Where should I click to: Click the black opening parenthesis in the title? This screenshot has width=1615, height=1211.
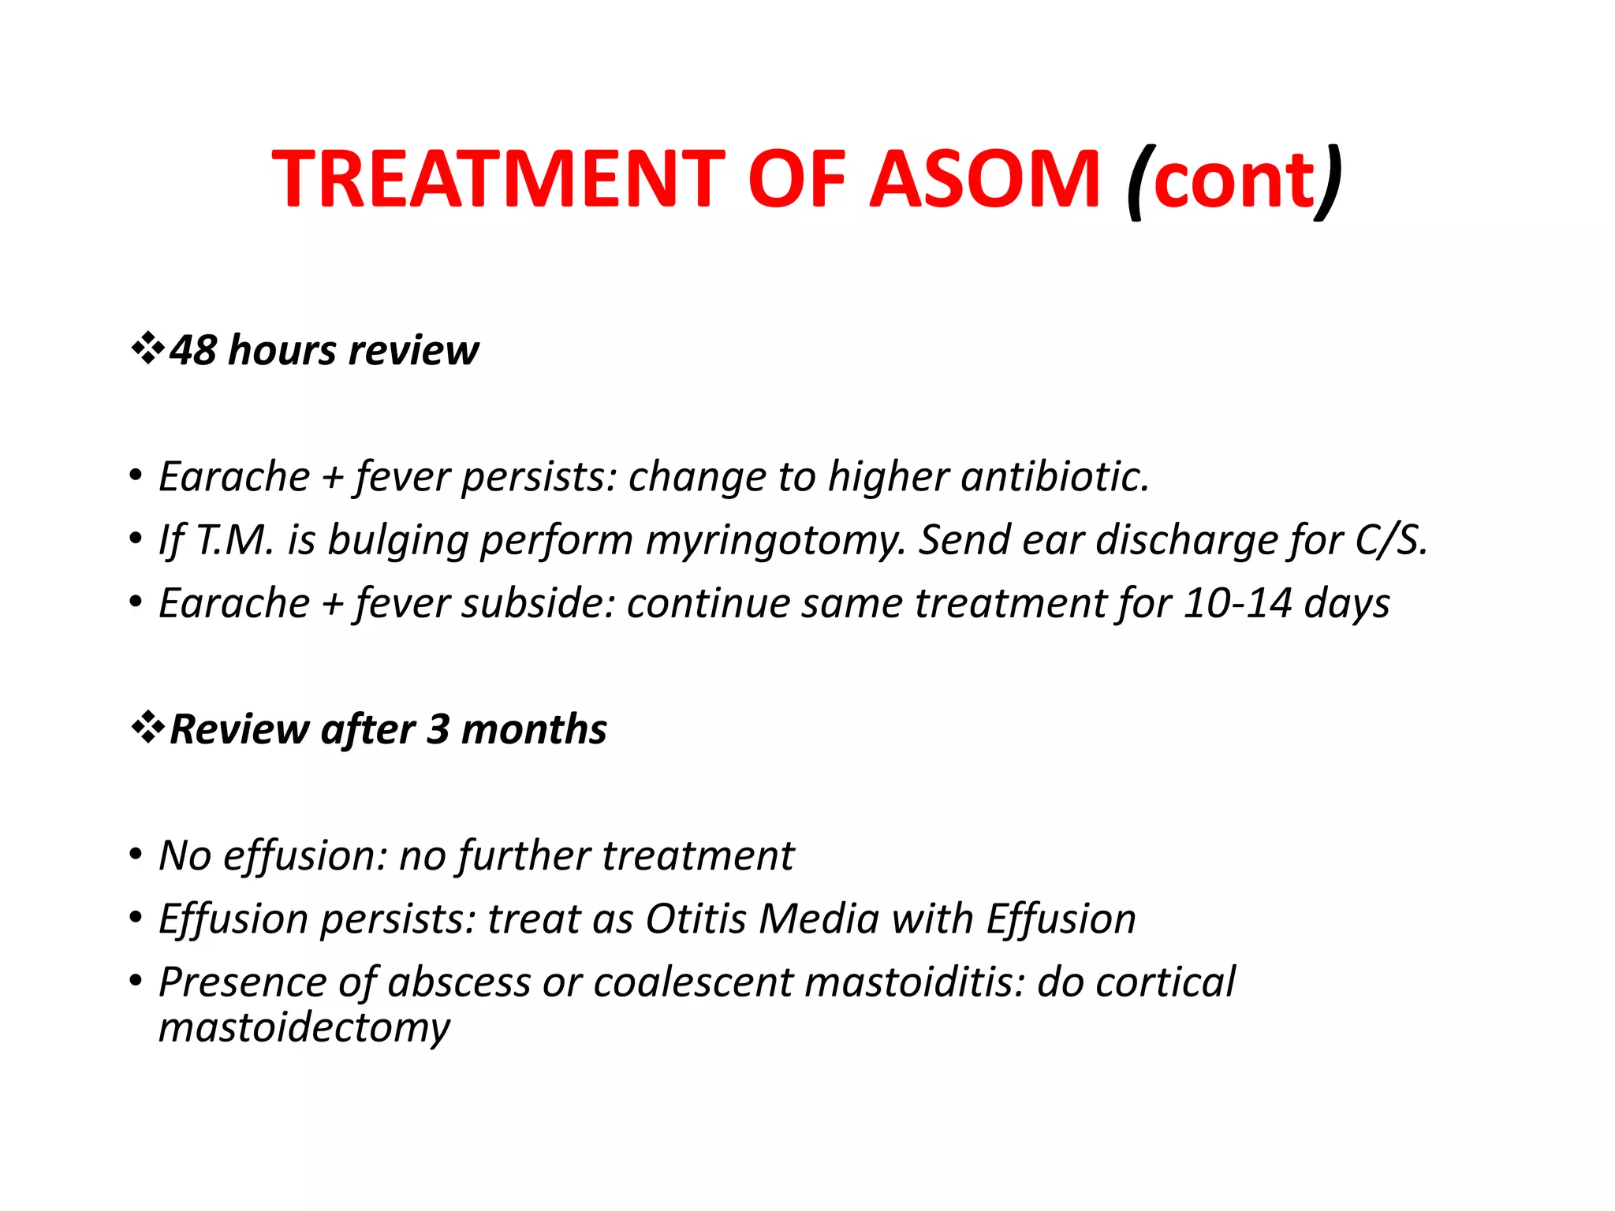point(1139,183)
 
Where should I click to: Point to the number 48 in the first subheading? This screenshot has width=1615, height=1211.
point(193,350)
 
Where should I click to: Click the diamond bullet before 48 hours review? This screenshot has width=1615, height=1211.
point(147,348)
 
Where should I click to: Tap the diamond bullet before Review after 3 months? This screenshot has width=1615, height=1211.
point(147,728)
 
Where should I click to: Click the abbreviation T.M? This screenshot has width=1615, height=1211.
point(235,541)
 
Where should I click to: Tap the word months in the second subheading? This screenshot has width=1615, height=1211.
point(534,729)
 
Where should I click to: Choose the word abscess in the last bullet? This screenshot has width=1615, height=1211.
point(459,983)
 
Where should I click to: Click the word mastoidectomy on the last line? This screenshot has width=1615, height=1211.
point(304,1028)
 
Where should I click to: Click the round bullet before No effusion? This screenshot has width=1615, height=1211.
point(136,855)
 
